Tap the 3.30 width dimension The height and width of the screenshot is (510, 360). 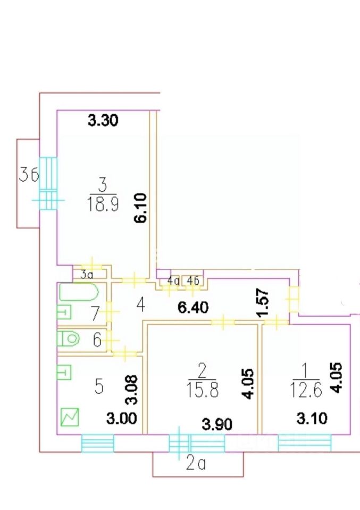click(102, 121)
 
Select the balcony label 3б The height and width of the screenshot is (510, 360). click(29, 174)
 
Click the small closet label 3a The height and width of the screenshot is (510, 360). click(87, 275)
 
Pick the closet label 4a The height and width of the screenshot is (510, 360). click(173, 280)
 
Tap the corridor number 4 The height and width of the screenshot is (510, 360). click(140, 305)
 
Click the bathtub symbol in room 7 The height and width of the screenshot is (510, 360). click(79, 293)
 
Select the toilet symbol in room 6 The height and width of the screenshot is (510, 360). click(69, 338)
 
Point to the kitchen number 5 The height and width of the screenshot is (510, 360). click(98, 387)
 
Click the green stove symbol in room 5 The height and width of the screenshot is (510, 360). click(70, 417)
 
